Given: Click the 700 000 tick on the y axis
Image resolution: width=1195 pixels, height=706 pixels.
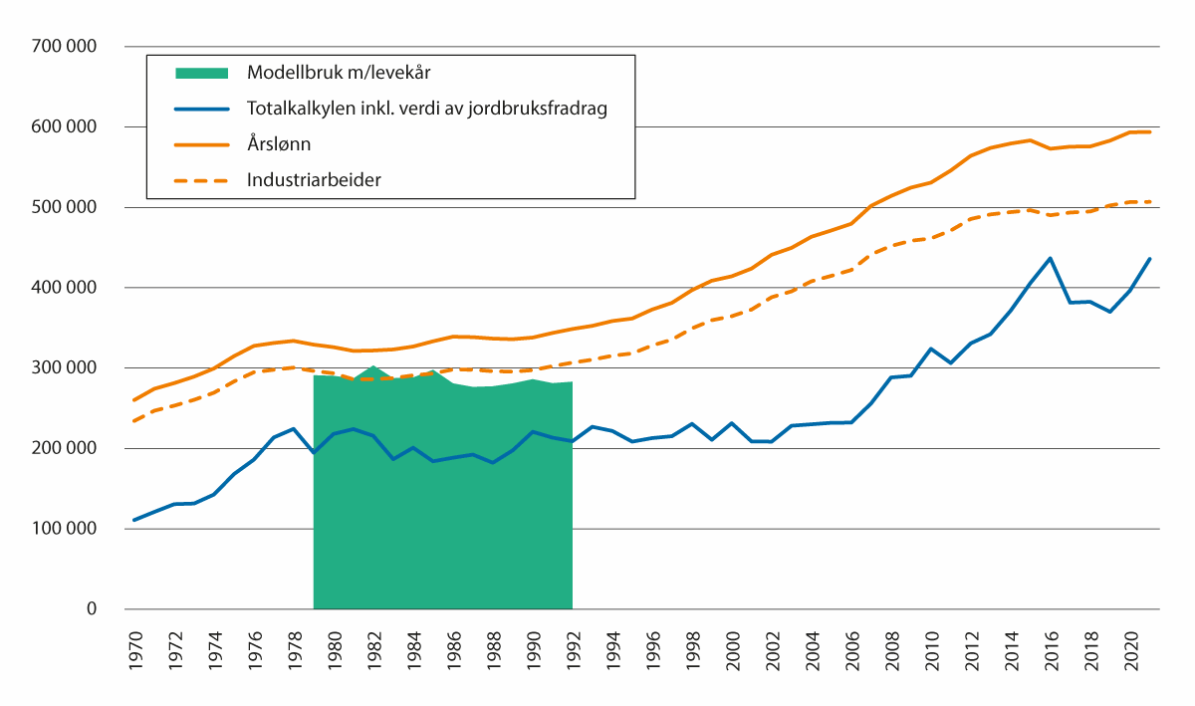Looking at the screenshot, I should click(x=67, y=47).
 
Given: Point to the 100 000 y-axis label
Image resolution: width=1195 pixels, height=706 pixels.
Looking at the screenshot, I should click(x=67, y=529).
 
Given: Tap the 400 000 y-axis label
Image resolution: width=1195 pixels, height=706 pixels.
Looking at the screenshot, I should click(x=67, y=288).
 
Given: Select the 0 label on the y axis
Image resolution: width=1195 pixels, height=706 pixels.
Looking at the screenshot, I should click(x=91, y=609).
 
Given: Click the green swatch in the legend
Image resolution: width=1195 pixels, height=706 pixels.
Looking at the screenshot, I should click(x=201, y=73).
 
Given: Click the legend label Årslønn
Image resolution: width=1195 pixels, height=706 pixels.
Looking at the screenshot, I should click(x=279, y=144).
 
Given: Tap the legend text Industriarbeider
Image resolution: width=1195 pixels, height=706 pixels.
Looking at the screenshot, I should click(x=315, y=180).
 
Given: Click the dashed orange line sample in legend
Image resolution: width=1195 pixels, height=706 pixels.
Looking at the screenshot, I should click(x=201, y=180).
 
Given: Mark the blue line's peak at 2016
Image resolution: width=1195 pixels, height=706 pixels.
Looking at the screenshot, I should click(x=1051, y=258).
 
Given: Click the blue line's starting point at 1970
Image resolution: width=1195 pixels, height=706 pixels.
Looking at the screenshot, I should click(x=134, y=520).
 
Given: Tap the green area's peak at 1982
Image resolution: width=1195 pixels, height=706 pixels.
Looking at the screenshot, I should click(x=373, y=365).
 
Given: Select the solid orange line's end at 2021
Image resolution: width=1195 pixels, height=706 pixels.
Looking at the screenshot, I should click(x=1150, y=131).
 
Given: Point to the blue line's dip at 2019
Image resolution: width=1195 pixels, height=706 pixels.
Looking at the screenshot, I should click(x=1110, y=312).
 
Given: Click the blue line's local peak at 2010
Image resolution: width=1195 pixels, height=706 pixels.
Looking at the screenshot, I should click(x=931, y=349).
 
